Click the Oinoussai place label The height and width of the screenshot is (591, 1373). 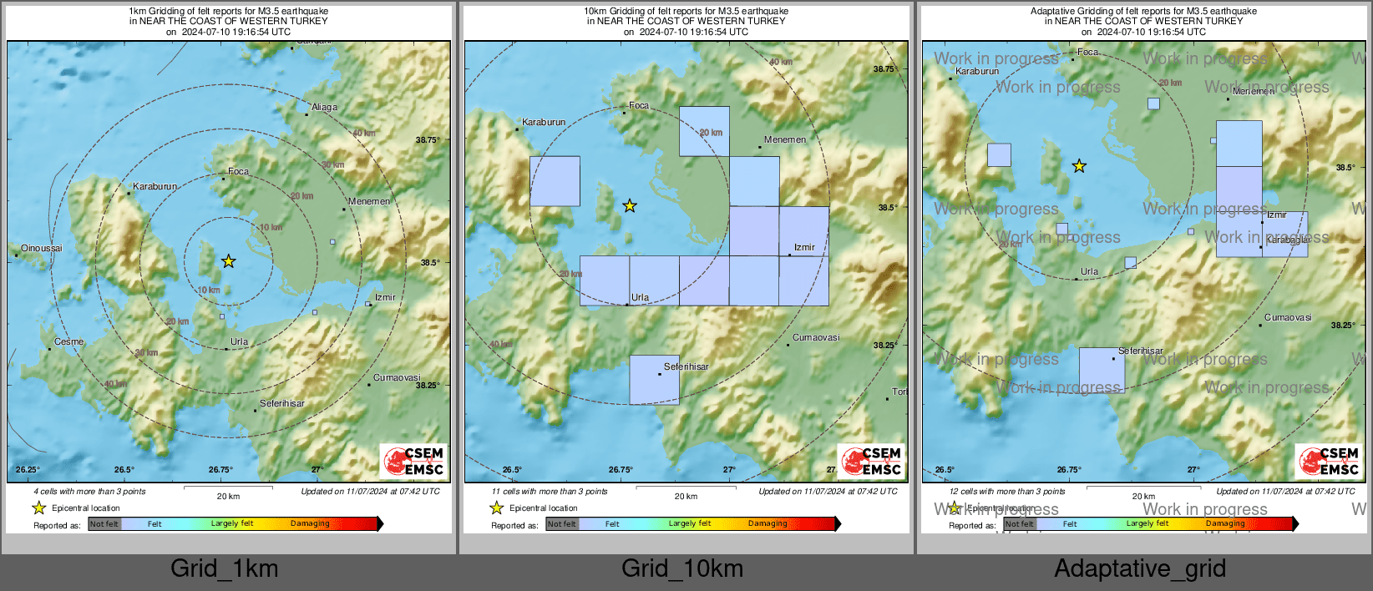tap(42, 248)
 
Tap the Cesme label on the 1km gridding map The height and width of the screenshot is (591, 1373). tap(68, 341)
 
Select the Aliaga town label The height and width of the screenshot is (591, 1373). tap(324, 107)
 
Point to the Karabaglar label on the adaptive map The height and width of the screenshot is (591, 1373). tap(1288, 240)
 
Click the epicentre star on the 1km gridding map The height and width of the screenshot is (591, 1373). tap(228, 261)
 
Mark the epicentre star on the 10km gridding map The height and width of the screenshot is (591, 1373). tap(630, 205)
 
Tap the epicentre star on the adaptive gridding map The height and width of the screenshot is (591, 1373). tap(1079, 166)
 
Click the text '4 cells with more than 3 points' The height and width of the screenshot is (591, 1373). tap(89, 492)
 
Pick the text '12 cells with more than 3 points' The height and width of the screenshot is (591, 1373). tap(1007, 492)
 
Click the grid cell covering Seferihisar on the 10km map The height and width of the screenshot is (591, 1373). tap(654, 381)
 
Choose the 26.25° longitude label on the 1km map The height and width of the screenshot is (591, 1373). tap(28, 470)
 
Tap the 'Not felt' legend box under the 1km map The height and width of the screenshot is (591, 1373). tap(104, 524)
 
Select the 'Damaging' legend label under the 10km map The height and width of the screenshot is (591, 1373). tap(768, 523)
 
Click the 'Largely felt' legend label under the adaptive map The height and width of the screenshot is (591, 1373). tap(1147, 523)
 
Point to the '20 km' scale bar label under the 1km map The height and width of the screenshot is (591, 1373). tap(228, 497)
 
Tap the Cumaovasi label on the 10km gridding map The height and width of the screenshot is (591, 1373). tap(816, 337)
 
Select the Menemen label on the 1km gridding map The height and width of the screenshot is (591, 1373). tap(369, 201)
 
